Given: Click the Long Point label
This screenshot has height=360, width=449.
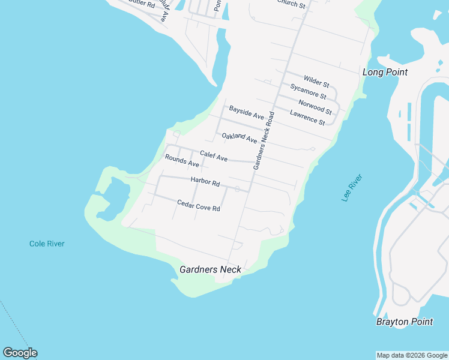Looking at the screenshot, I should (385, 73).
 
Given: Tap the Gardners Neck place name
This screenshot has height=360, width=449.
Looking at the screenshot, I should (210, 269).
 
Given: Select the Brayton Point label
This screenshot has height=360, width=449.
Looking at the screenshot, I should (404, 322).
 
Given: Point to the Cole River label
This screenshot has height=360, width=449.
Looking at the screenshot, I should (47, 244).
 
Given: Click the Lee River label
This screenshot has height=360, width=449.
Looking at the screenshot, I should (352, 188).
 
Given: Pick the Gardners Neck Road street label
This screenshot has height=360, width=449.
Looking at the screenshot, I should (264, 140).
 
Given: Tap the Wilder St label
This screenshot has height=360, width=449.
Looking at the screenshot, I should (316, 80).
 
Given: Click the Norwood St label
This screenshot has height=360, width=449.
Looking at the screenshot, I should (315, 107).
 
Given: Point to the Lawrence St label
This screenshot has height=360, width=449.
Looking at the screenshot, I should (307, 118).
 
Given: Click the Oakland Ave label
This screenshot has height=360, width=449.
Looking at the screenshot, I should (239, 138).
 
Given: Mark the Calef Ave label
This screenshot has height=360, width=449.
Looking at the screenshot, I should (214, 157).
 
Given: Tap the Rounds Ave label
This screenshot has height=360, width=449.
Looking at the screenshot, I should (182, 161).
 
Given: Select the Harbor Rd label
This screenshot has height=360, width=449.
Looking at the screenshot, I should (205, 181).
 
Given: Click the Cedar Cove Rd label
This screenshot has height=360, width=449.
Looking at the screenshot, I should (199, 205).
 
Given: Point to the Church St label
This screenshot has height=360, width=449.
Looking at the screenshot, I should (291, 4).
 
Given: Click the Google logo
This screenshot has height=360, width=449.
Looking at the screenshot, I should (20, 353).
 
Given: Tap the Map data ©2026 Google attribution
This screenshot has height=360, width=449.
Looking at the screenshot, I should (412, 355).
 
